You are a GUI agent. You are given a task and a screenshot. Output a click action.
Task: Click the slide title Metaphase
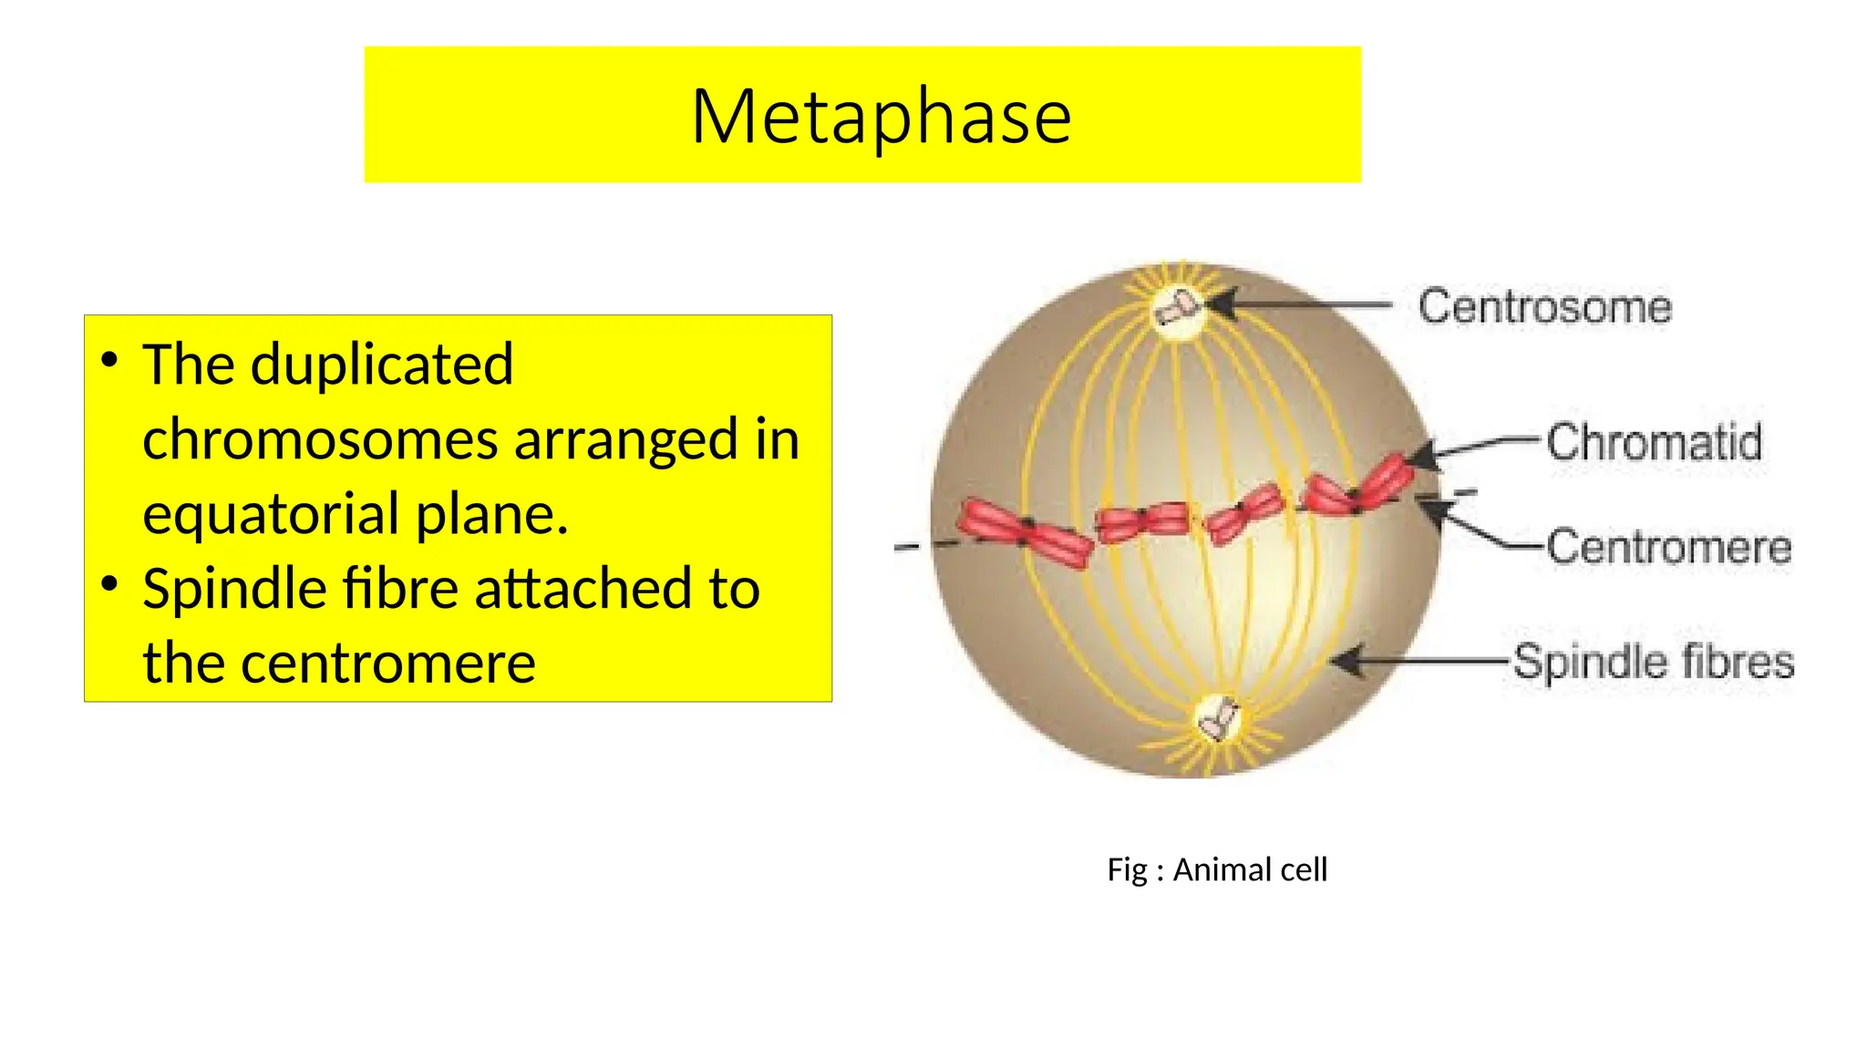[x=881, y=117]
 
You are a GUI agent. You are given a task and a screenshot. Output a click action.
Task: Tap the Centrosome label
[x=1544, y=306]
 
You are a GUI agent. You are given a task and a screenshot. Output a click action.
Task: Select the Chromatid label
[x=1654, y=442]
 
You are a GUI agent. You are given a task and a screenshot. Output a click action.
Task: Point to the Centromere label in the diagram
[x=1668, y=547]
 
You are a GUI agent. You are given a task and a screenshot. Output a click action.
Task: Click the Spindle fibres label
[x=1654, y=661]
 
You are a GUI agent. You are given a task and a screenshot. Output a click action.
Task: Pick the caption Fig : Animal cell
[x=1217, y=870]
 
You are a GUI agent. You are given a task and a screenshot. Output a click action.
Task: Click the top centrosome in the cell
[x=1179, y=308]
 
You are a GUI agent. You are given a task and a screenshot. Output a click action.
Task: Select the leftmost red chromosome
[x=1025, y=533]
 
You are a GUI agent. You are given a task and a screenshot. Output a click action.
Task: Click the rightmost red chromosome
[x=1357, y=485]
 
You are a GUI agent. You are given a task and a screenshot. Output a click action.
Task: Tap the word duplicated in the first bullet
[x=382, y=365]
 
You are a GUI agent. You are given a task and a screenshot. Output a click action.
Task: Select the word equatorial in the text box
[x=272, y=513]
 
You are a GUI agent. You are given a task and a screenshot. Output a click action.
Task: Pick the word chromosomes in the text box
[x=320, y=439]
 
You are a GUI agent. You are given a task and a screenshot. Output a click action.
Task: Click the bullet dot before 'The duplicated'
[x=110, y=359]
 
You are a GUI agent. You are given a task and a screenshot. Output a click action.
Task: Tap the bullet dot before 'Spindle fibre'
[x=110, y=583]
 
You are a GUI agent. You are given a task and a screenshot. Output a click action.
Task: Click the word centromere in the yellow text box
[x=388, y=663]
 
